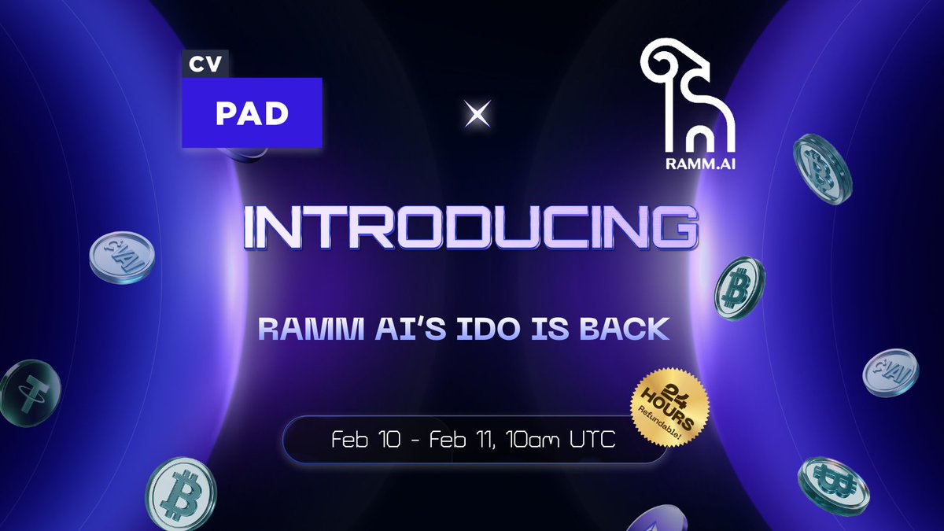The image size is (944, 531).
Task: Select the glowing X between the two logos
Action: [474, 116]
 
